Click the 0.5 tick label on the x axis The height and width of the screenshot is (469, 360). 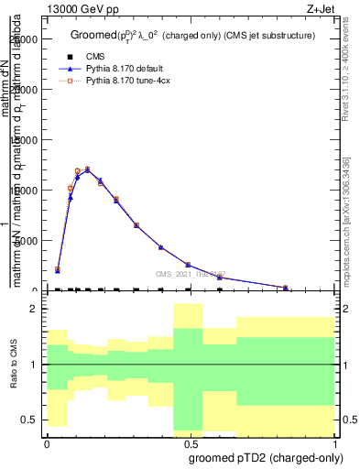click(191, 443)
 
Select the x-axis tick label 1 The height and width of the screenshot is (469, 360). click(334, 443)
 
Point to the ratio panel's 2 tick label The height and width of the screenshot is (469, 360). click(33, 310)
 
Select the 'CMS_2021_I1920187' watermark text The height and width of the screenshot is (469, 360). click(190, 273)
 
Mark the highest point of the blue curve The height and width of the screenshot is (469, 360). click(87, 169)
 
